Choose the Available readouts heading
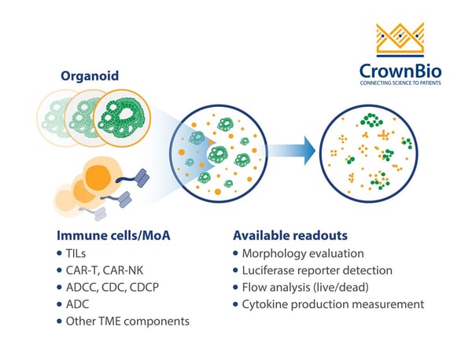290,235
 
